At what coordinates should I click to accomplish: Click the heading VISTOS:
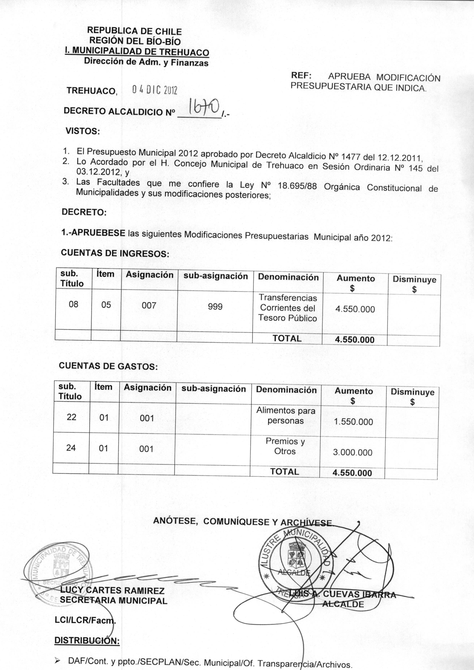(83, 131)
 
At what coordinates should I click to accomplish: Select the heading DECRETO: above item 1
(84, 212)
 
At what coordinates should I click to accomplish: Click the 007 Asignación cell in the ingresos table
(149, 306)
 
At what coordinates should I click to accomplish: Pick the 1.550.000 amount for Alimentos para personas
(353, 422)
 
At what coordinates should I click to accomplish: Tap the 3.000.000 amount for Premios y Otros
(353, 453)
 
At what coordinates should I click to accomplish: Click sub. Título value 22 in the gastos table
(71, 417)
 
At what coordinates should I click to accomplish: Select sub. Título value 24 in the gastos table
(71, 448)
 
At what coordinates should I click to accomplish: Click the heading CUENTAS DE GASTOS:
(108, 366)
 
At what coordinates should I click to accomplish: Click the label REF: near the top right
(301, 76)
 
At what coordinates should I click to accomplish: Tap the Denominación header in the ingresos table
(288, 277)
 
